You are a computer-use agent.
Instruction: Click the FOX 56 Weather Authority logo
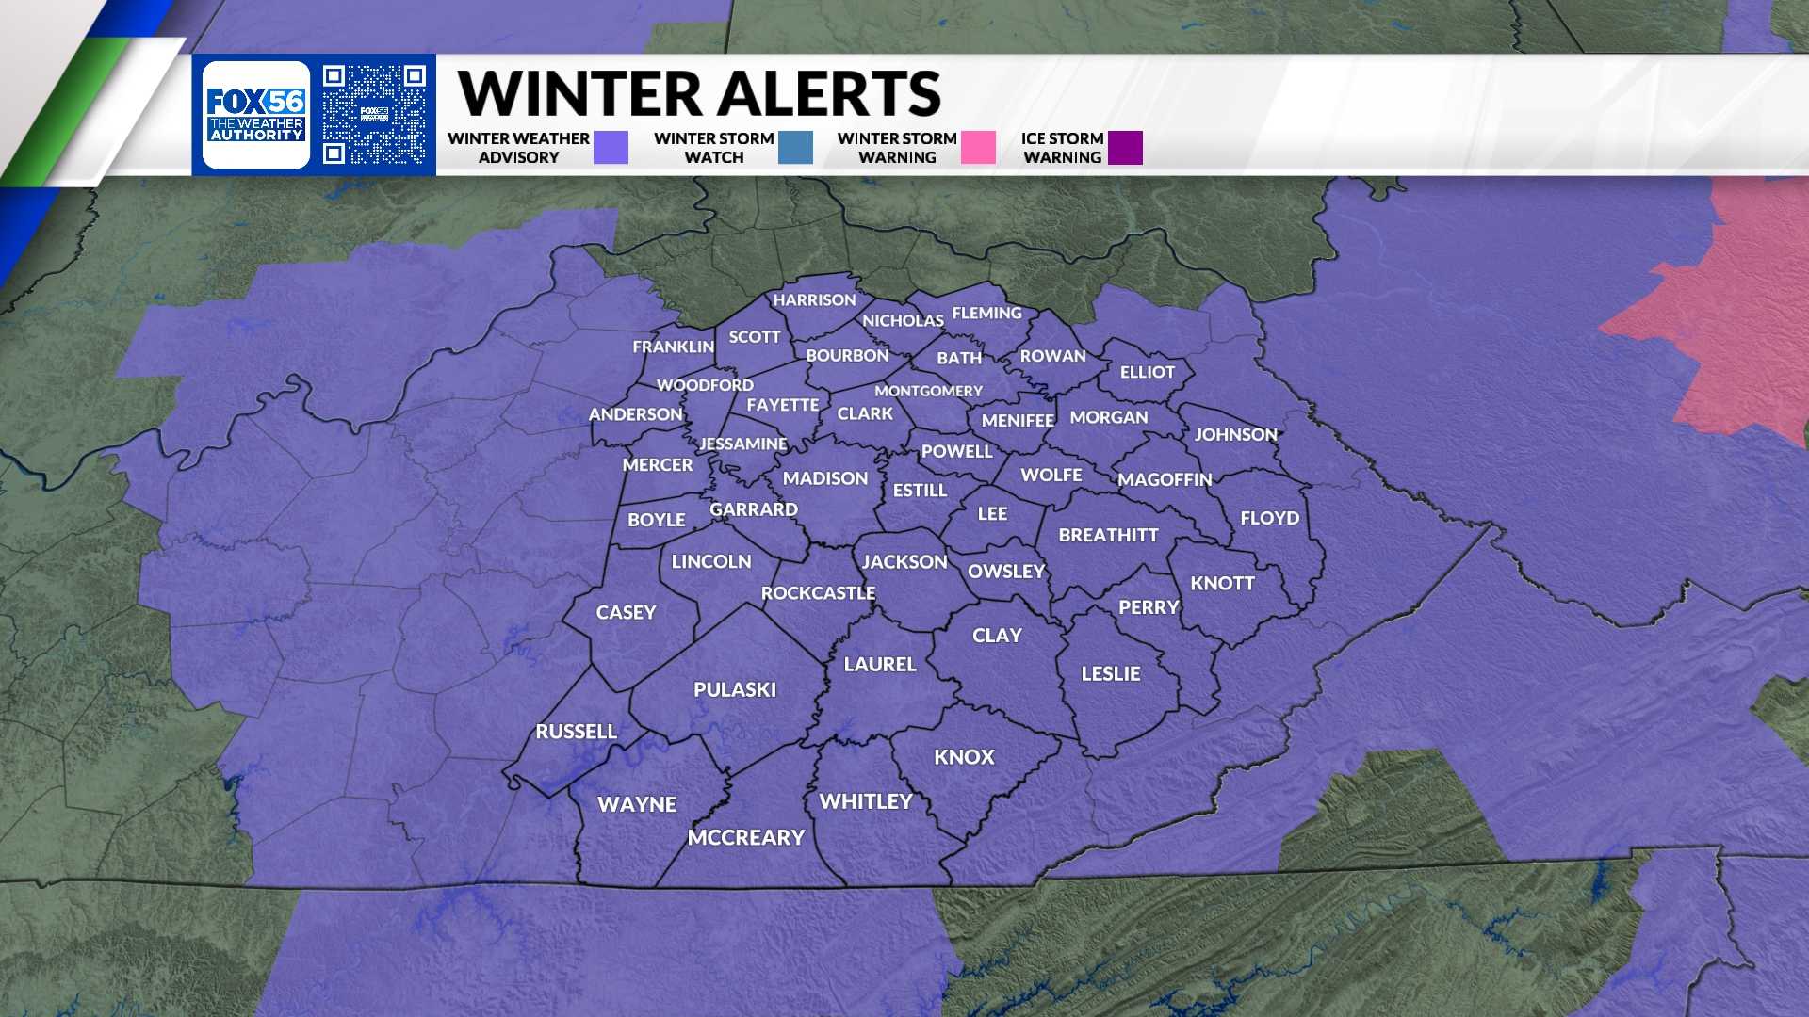256,115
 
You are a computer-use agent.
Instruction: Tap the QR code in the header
374,115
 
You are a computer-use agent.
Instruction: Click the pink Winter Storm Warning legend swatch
978,148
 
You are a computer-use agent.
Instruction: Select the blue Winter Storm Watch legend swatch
795,148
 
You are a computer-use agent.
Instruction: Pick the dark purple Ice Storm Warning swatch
1125,148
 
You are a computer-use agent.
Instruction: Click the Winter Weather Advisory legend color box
611,148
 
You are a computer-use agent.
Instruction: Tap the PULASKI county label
735,690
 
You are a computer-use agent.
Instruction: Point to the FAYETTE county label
782,405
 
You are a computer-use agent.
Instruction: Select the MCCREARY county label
746,838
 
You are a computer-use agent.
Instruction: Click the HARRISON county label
814,300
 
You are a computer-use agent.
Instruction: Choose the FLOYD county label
1269,518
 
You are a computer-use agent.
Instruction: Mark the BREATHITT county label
1108,535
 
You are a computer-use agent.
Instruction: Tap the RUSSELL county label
576,732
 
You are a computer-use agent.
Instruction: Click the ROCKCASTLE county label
818,593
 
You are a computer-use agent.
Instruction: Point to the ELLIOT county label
1147,372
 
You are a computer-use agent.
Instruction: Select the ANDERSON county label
635,414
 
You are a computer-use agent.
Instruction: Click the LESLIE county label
1110,673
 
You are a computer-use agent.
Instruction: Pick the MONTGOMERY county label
928,391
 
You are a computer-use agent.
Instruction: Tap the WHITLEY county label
866,801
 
